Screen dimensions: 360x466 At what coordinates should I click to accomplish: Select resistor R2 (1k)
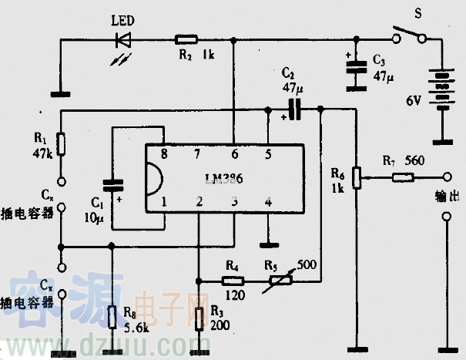186,37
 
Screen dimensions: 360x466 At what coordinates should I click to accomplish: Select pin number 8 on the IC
163,153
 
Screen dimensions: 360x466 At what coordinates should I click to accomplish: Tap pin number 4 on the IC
267,202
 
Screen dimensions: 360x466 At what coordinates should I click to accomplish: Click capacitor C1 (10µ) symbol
113,186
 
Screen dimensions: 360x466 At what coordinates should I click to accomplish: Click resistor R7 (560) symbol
401,178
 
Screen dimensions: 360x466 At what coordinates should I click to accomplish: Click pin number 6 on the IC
234,153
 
